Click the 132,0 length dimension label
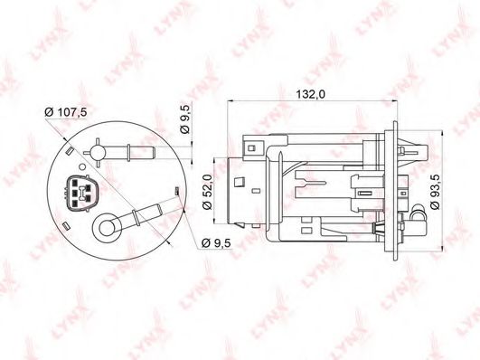click(x=310, y=94)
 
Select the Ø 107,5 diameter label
click(x=66, y=112)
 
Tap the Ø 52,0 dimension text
click(x=208, y=192)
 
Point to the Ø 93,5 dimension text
click(x=435, y=192)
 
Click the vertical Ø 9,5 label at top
click(x=186, y=118)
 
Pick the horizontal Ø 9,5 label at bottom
click(x=216, y=243)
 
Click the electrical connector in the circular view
click(x=81, y=194)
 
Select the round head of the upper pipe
click(x=98, y=152)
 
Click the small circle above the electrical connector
click(x=82, y=166)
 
